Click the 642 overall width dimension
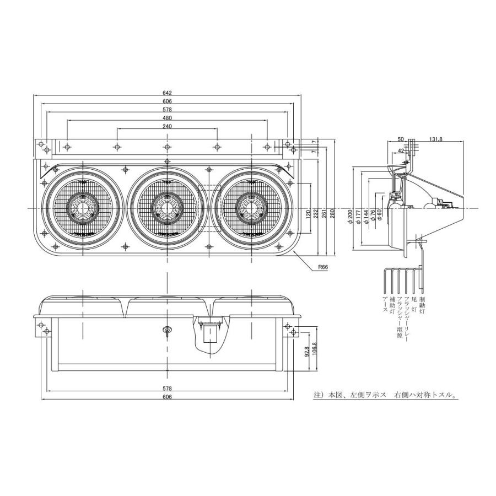point(167,93)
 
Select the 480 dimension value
point(167,118)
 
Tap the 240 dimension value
point(167,126)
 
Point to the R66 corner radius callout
point(323,267)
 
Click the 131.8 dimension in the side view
point(436,139)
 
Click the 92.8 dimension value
point(306,351)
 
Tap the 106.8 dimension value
point(314,349)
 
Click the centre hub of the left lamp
point(83,208)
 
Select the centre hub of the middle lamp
point(166,208)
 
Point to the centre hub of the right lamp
point(251,208)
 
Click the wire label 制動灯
point(422,305)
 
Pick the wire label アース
point(385,304)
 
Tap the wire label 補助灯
point(392,305)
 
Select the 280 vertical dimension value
point(332,214)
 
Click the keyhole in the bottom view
point(166,330)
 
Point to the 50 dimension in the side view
point(400,139)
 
